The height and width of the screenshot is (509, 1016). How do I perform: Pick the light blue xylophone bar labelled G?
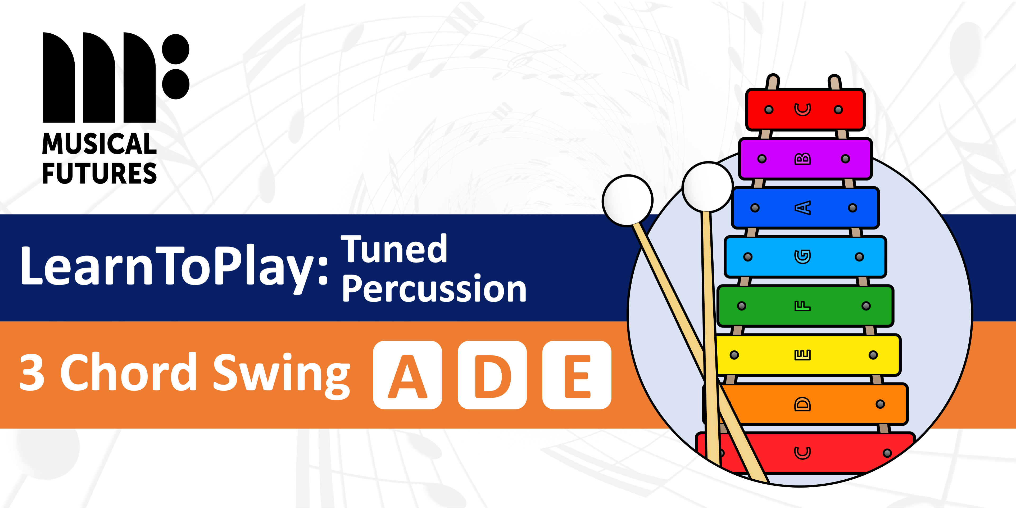pyautogui.click(x=805, y=257)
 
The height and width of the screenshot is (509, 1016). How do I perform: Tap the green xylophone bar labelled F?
pyautogui.click(x=805, y=306)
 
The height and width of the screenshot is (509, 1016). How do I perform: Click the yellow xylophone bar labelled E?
pyautogui.click(x=805, y=355)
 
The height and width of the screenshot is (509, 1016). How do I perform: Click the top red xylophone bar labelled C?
pyautogui.click(x=805, y=110)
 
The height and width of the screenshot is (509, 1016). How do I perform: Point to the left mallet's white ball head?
pyautogui.click(x=627, y=200)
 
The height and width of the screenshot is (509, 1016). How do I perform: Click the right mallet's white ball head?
pyautogui.click(x=707, y=187)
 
